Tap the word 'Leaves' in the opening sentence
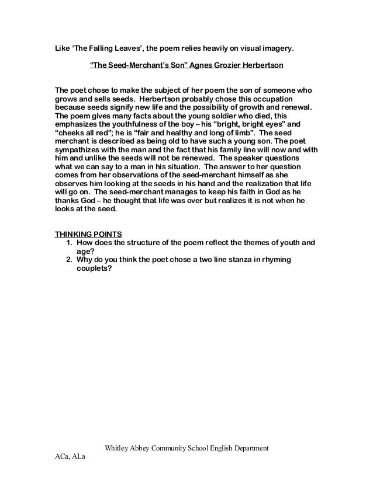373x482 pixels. tap(127, 47)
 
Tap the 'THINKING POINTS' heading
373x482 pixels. tap(88, 234)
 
